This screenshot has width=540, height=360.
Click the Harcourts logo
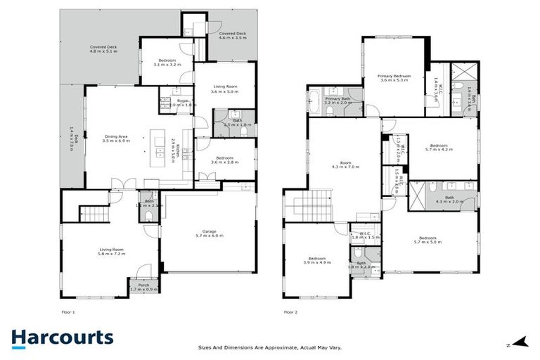click(62, 338)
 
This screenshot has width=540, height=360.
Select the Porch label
click(143, 287)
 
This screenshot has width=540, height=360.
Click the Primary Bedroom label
click(394, 78)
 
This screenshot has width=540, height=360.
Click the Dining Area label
click(116, 139)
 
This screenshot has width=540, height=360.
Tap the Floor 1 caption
click(68, 311)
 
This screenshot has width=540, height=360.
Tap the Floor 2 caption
click(290, 311)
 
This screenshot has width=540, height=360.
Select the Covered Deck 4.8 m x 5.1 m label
click(103, 49)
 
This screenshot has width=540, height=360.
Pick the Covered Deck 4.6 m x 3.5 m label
click(232, 35)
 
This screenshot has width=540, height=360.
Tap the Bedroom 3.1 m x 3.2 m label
click(167, 62)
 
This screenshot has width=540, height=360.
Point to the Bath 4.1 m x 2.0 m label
click(449, 200)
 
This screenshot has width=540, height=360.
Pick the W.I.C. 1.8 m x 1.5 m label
click(366, 236)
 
